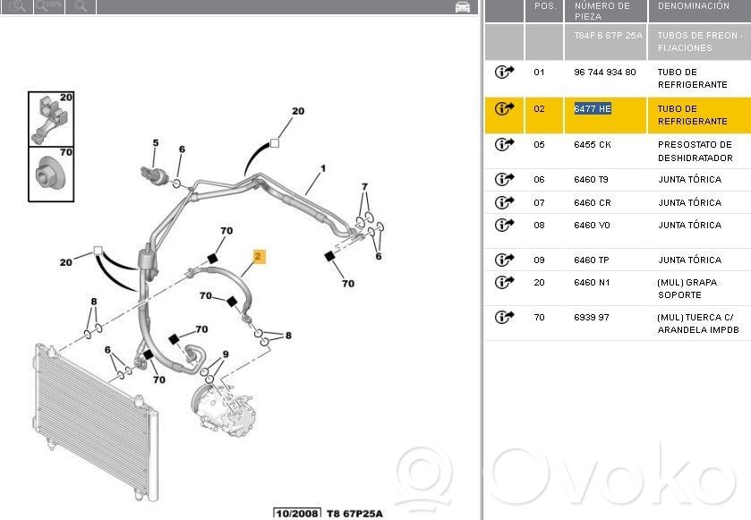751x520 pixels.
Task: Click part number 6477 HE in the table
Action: click(x=593, y=108)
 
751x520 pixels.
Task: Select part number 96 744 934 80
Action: click(x=605, y=72)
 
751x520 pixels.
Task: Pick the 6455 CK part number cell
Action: click(x=593, y=145)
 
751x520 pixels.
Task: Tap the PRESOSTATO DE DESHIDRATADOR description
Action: click(x=695, y=151)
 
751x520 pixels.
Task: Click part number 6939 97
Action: click(x=592, y=317)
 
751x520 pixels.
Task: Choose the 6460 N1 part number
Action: click(x=592, y=283)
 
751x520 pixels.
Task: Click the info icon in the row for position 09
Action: click(x=504, y=260)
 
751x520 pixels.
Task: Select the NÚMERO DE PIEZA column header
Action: click(x=602, y=11)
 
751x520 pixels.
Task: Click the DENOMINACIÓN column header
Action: click(x=694, y=6)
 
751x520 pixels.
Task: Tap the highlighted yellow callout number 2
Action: click(x=259, y=257)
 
